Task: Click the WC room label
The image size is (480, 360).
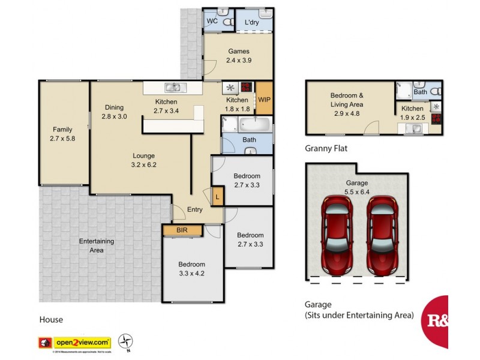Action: coord(212,21)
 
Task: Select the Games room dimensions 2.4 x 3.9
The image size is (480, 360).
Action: coord(238,61)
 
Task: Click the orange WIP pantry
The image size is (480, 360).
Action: coord(265,100)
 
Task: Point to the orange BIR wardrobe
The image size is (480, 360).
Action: coord(181,230)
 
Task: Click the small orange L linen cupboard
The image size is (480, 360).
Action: coord(217,196)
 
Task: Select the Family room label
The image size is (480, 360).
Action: coord(62,130)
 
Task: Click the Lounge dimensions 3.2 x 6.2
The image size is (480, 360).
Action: coord(144,164)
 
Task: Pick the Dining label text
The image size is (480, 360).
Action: coord(114,107)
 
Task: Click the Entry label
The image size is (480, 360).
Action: coord(194,209)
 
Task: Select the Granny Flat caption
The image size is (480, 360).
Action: coord(326,148)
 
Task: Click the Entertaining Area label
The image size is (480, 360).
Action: coord(97,245)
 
